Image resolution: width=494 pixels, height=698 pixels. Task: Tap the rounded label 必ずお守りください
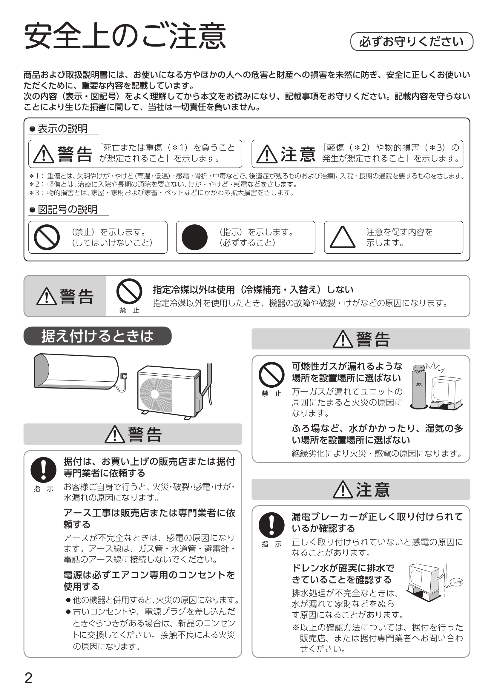point(412,42)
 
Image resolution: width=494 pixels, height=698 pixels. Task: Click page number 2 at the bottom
point(28,678)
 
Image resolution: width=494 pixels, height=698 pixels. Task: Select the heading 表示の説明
point(62,129)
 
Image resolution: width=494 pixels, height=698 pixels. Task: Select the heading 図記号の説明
point(67,209)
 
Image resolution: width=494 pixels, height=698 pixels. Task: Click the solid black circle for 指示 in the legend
point(194,238)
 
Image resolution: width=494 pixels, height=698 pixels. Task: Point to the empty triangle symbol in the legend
point(342,238)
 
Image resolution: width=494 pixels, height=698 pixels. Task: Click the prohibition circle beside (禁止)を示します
point(47,238)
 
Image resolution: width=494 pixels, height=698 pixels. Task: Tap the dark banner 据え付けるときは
point(97,336)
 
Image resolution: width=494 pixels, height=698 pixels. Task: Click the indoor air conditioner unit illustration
point(76,372)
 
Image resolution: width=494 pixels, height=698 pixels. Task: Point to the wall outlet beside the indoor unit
point(124,376)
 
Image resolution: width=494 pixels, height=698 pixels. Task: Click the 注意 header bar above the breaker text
point(361,489)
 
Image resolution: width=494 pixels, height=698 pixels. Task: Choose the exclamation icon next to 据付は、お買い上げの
point(44,470)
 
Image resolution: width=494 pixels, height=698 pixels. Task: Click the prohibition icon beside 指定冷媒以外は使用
point(129,291)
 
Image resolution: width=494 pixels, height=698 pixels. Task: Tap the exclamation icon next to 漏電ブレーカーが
point(271,525)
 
